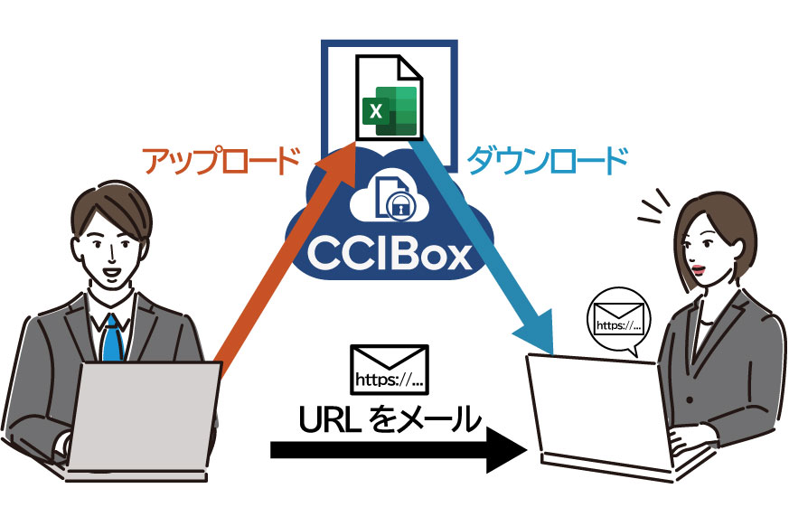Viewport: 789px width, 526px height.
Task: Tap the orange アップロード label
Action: click(x=221, y=162)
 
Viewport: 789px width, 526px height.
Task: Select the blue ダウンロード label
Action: click(x=546, y=162)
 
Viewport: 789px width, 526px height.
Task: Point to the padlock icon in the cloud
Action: click(x=398, y=208)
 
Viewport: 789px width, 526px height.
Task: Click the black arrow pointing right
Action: click(x=398, y=449)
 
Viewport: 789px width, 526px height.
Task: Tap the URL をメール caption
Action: click(x=390, y=418)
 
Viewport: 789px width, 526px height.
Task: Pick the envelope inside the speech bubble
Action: click(x=618, y=317)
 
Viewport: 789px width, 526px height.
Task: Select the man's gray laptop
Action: click(x=145, y=416)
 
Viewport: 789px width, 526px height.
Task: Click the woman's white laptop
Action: click(x=596, y=411)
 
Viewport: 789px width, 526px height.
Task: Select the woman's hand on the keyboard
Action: click(x=682, y=444)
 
